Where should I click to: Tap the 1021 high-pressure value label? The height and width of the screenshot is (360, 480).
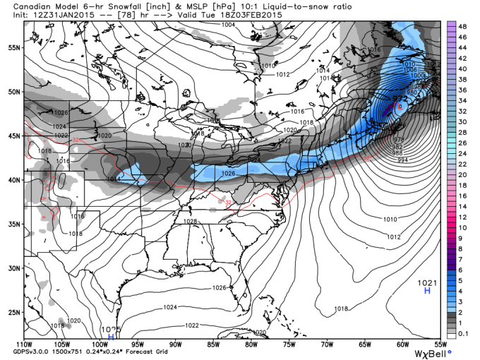[x=427, y=282]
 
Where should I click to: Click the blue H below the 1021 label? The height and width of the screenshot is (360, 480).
[x=427, y=291]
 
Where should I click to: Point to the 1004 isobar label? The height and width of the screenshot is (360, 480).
[x=228, y=25]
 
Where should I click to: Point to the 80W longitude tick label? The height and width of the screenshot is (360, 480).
[x=251, y=344]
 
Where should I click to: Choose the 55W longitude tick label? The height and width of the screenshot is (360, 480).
[x=440, y=344]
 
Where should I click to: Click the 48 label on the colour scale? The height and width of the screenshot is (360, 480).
[x=462, y=25]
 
